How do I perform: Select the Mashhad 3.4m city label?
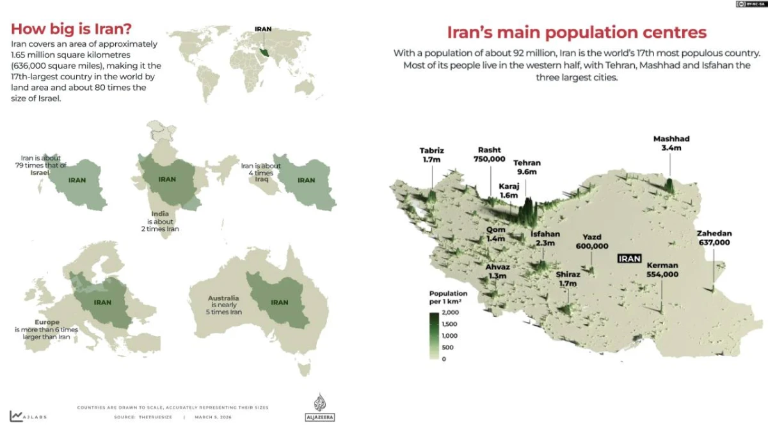click(x=671, y=143)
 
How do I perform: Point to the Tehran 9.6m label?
click(x=527, y=168)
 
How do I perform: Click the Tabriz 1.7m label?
click(x=432, y=155)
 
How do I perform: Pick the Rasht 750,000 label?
click(x=490, y=154)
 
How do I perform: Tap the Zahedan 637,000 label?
click(x=714, y=238)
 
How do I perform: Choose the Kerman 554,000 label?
click(x=662, y=269)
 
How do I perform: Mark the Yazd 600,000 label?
click(x=592, y=241)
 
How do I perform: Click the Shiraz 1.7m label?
click(x=567, y=279)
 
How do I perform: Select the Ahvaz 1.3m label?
click(x=497, y=271)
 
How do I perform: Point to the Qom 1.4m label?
click(x=496, y=234)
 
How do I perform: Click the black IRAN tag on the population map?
click(x=629, y=259)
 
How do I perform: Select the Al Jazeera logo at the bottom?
click(x=319, y=407)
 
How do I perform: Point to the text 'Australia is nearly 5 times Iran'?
click(x=223, y=305)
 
